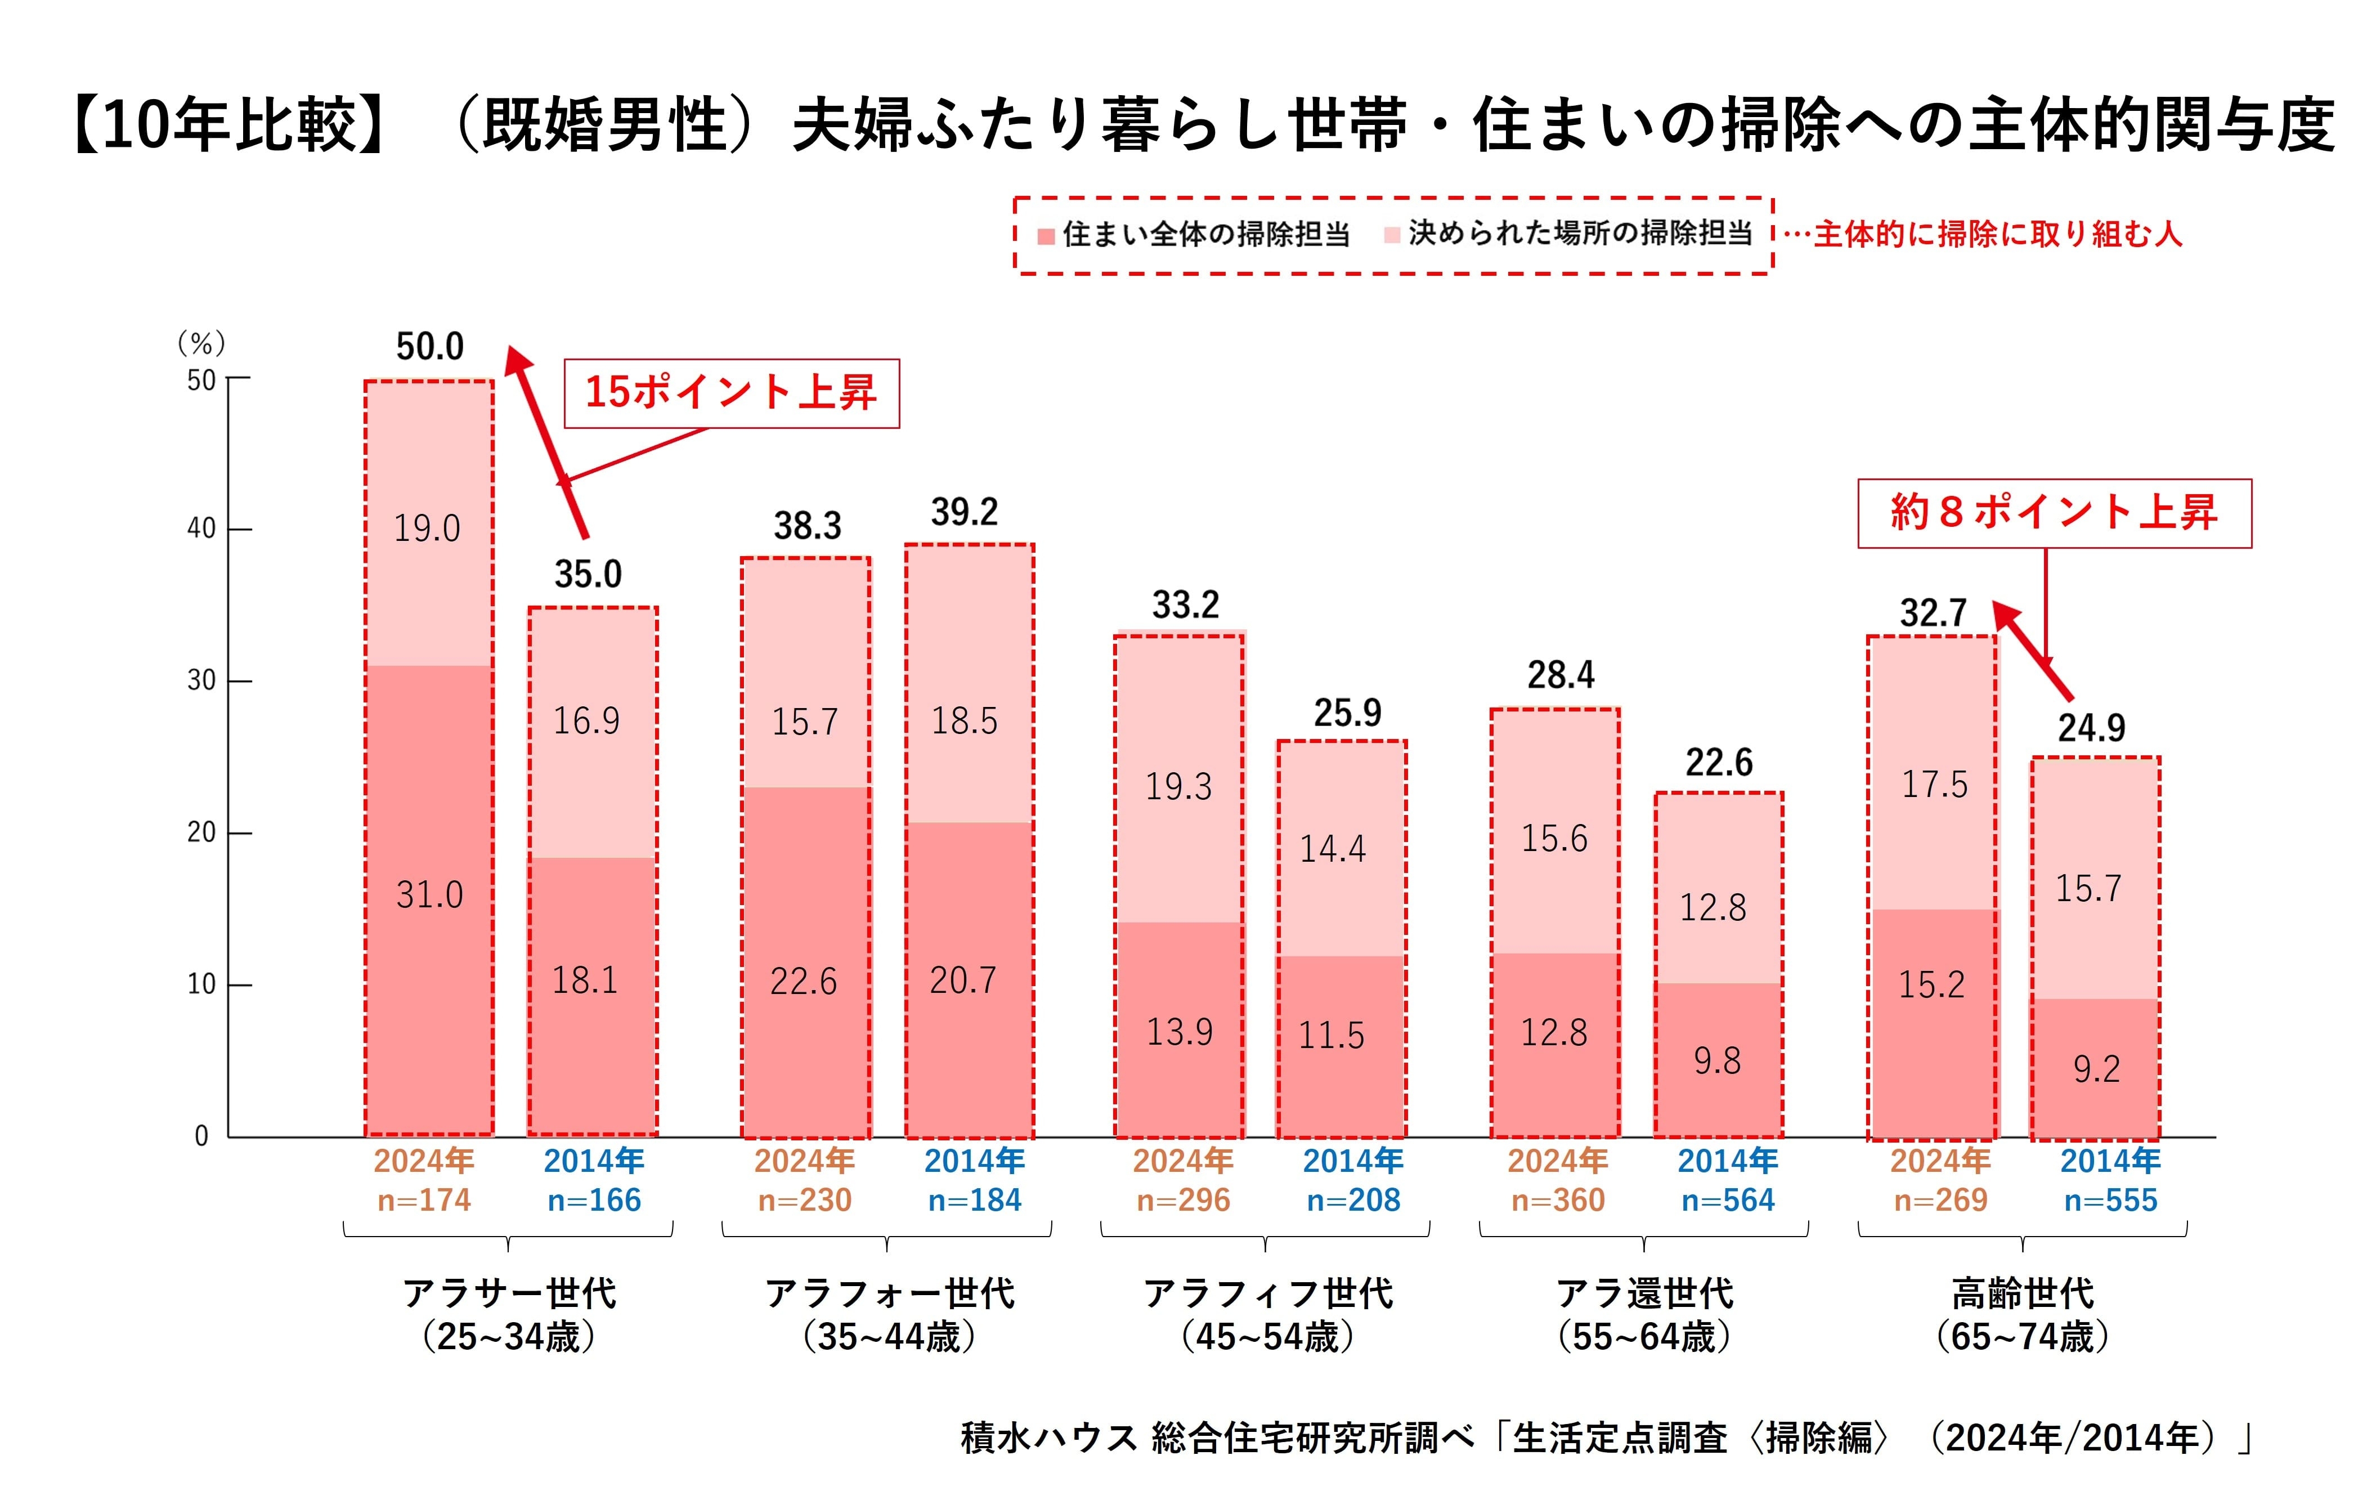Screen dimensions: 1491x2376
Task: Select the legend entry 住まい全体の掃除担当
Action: coord(1194,235)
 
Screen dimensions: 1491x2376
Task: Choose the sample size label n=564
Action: coord(1727,1200)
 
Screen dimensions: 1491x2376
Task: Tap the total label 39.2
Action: coord(964,512)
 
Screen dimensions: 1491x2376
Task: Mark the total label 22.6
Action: coord(1719,762)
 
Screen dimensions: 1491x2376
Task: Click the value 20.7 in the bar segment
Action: coord(963,980)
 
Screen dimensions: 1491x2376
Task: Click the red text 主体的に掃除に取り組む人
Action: coord(1997,235)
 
